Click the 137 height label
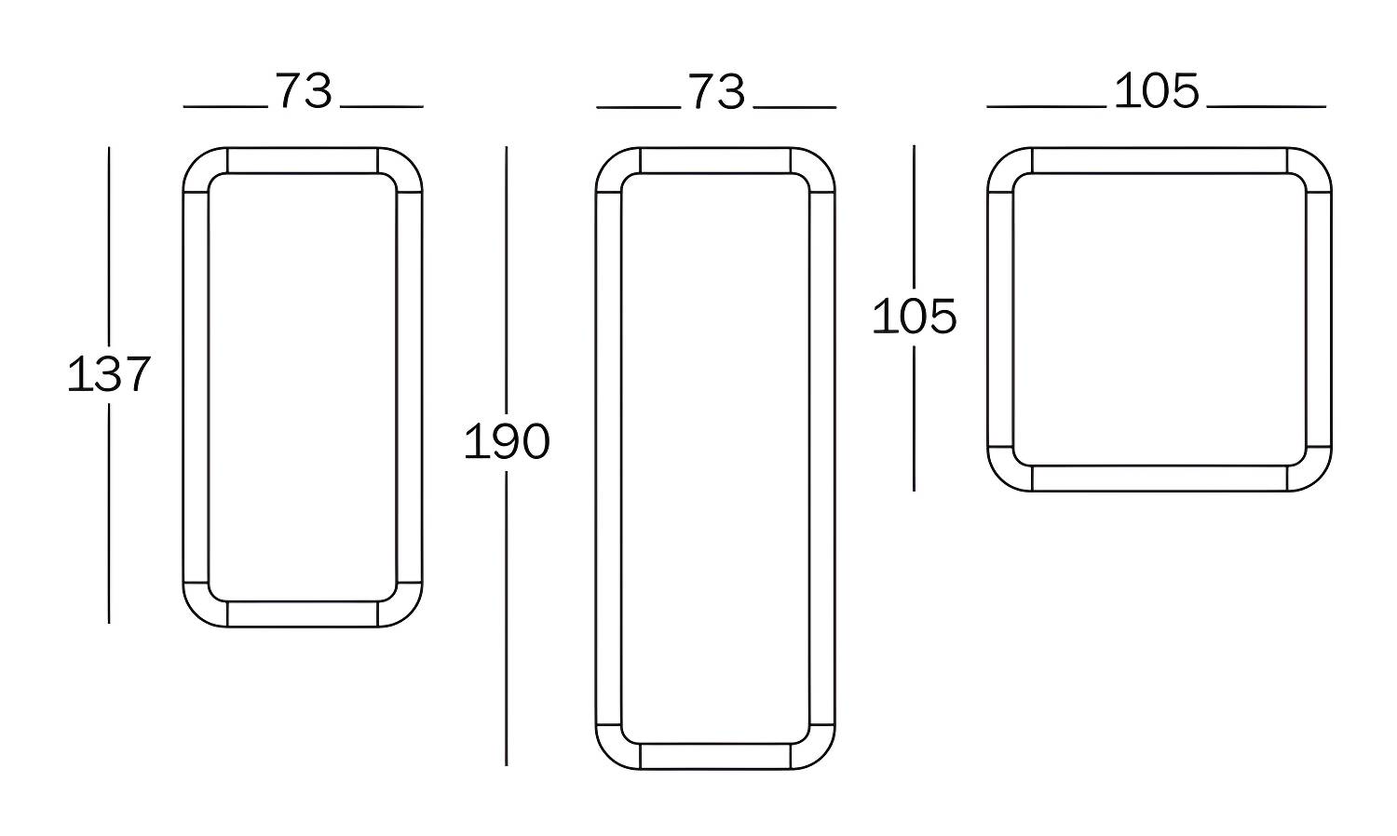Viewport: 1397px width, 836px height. (109, 374)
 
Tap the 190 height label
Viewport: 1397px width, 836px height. (507, 441)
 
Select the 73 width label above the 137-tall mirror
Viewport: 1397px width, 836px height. (304, 91)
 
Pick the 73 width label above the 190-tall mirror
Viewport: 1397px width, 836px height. (716, 91)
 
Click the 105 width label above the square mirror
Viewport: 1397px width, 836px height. (1157, 91)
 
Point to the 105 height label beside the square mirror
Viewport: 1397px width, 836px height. (915, 317)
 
